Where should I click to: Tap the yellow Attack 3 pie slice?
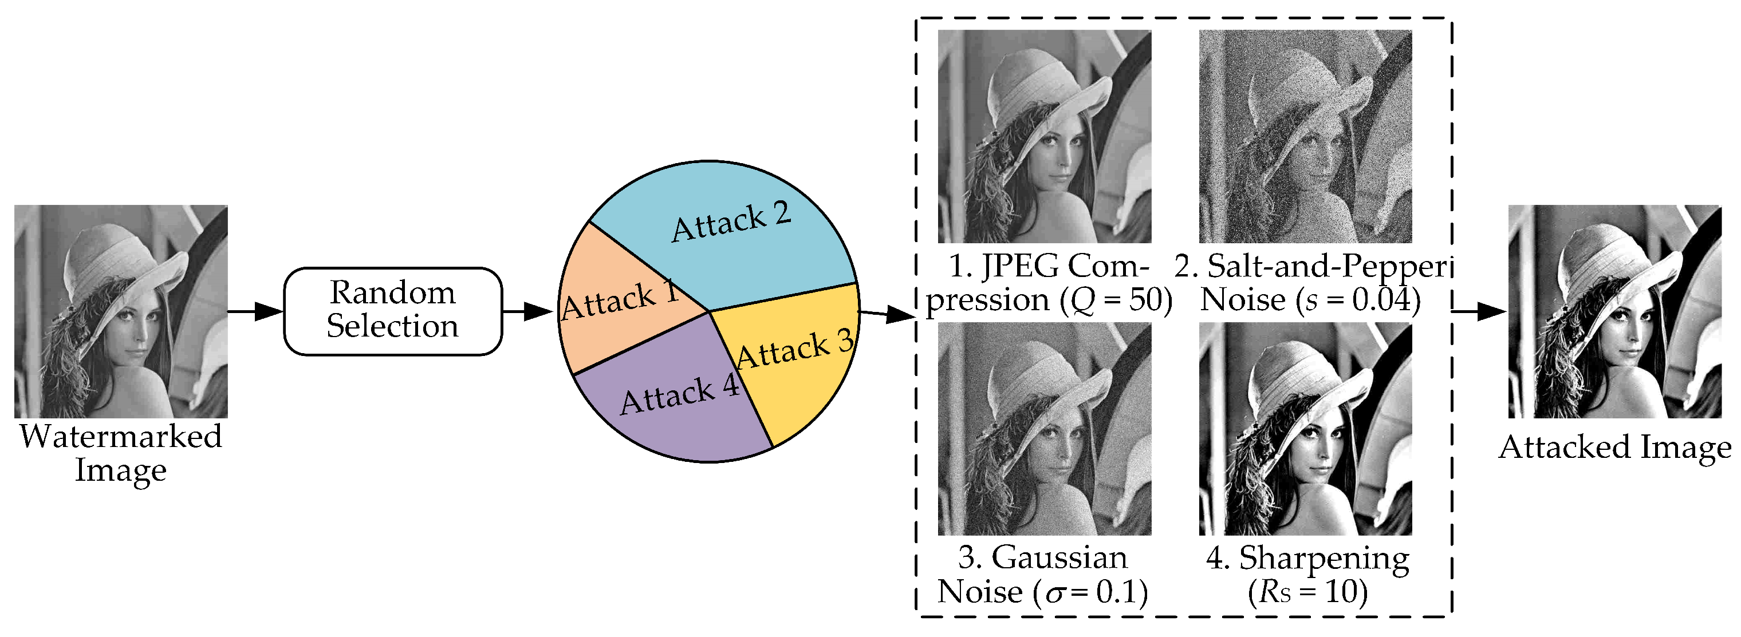(x=798, y=365)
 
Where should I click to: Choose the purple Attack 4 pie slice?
(x=676, y=405)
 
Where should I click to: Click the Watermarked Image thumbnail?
(x=121, y=311)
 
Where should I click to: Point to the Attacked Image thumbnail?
(x=1614, y=311)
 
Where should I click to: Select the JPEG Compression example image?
(x=1044, y=136)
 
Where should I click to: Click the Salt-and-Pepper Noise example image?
(x=1305, y=136)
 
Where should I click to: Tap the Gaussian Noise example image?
(x=1044, y=429)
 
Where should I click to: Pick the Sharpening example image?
(x=1305, y=429)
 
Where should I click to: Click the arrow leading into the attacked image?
(x=1480, y=311)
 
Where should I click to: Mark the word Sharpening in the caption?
(x=1324, y=559)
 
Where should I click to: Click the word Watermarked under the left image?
(x=121, y=436)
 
